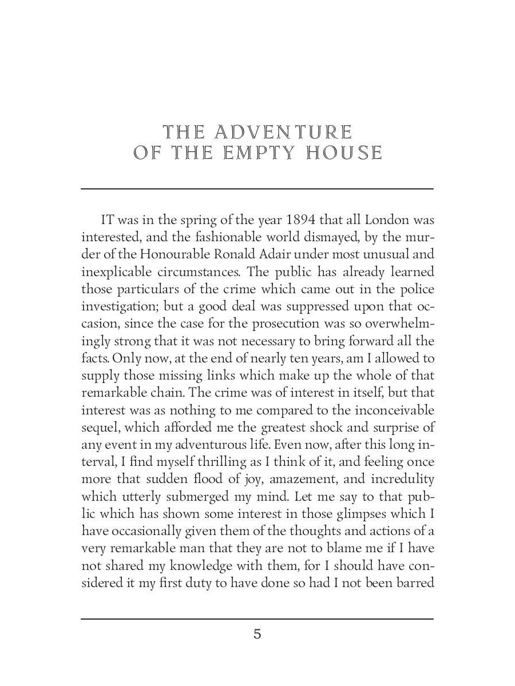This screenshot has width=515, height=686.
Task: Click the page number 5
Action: coord(257,634)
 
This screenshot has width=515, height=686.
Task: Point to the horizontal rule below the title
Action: coord(257,189)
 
